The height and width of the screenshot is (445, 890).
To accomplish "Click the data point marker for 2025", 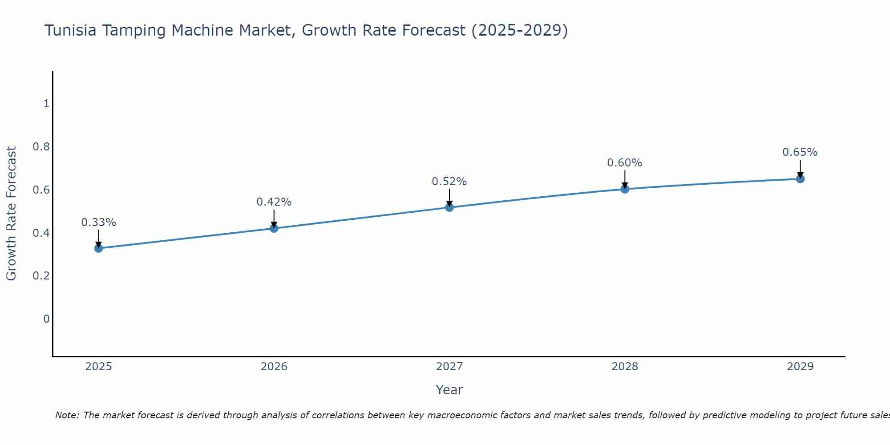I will tap(98, 248).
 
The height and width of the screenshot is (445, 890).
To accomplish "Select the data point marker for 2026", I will tap(274, 228).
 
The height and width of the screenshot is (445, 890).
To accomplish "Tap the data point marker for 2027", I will tap(449, 207).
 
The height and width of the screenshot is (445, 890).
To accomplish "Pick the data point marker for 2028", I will tap(625, 189).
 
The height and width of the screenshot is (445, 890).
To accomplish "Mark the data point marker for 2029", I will tap(800, 179).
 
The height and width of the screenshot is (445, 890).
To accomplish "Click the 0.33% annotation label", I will tap(98, 222).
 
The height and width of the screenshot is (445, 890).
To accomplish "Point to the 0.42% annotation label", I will tap(274, 202).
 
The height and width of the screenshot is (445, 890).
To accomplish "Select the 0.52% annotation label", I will tap(449, 182).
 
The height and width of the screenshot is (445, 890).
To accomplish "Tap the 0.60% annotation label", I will tap(625, 163).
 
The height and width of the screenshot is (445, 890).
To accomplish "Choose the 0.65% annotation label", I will tap(800, 152).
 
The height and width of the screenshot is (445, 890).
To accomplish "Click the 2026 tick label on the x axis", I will tap(274, 367).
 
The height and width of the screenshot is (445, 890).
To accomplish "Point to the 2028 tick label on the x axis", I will tap(625, 367).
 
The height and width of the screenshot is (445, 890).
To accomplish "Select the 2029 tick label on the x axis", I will tap(800, 367).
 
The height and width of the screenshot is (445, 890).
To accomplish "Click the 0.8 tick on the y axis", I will tap(41, 147).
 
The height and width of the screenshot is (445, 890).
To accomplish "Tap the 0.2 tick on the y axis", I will tap(41, 276).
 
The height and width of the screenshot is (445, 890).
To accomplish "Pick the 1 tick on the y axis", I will tap(46, 104).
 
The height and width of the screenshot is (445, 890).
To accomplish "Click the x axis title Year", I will tap(449, 390).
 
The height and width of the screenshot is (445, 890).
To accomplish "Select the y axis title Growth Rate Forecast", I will tap(11, 214).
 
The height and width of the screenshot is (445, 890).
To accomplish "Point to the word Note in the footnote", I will tap(67, 415).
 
